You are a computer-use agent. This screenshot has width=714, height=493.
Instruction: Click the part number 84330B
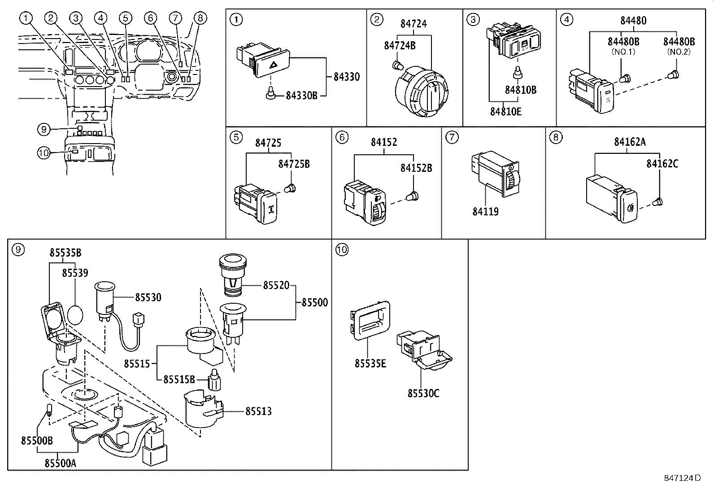pos(301,96)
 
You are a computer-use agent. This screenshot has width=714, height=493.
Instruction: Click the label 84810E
pos(505,112)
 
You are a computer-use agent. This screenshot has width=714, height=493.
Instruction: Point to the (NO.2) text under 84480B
pos(679,52)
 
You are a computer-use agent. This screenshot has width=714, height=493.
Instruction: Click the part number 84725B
pos(294,164)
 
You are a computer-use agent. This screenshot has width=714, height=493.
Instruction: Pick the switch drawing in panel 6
pos(365,201)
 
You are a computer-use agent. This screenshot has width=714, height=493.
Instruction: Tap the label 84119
pos(485,211)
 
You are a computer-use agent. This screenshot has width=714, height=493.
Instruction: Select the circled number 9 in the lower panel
pos(17,249)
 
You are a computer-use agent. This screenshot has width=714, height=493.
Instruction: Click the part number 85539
pos(75,273)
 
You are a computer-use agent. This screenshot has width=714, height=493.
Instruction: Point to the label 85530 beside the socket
pos(148,297)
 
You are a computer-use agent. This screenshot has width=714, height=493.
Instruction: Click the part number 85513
pos(258,411)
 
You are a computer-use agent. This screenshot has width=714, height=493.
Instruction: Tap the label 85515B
pos(179,380)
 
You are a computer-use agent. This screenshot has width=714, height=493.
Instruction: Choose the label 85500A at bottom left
pos(60,462)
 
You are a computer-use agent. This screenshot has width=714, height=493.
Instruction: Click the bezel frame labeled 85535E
pos(370,319)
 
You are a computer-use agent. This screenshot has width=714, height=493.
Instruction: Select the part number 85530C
pos(423,393)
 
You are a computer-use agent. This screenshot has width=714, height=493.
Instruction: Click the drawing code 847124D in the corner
pos(682,478)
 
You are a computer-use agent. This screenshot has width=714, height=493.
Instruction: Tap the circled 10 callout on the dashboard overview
pos(43,153)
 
